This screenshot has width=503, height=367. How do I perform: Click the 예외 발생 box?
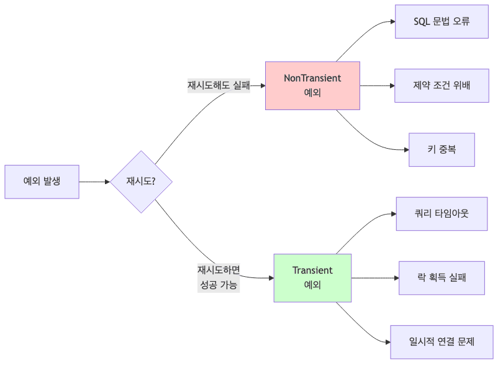point(42,182)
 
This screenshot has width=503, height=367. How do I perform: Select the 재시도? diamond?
point(141,182)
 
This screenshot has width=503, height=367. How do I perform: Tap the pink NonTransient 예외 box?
point(312,86)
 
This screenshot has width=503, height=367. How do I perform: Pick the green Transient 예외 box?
point(312,278)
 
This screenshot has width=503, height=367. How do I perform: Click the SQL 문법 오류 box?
point(442,21)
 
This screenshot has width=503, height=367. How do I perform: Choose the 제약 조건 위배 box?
point(442,85)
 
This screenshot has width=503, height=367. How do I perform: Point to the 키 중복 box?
point(442,150)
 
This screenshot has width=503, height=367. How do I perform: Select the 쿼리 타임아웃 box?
point(442,213)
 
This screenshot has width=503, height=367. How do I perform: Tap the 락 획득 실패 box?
point(442,278)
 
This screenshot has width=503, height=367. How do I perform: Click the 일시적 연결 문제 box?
point(442,341)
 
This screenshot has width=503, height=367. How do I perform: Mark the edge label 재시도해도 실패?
point(219,86)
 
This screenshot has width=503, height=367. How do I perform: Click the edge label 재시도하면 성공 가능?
point(219,278)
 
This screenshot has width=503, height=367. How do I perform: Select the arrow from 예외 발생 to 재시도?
point(94,182)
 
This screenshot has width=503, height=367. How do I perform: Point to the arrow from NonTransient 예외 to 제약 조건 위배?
point(376,85)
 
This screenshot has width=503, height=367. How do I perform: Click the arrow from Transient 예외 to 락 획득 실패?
point(374,278)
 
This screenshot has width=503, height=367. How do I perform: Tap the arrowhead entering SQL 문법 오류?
point(392,21)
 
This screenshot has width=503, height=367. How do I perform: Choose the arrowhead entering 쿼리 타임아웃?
point(392,213)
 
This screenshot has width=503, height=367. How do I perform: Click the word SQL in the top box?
point(422,21)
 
